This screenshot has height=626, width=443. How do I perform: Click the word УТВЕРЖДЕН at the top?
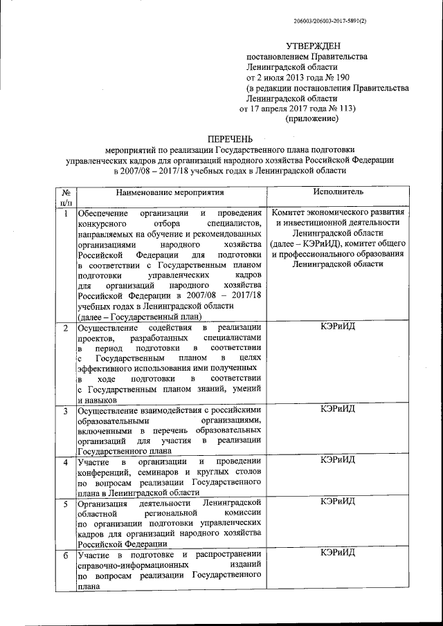point(313,45)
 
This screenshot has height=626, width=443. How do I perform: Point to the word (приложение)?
point(312,119)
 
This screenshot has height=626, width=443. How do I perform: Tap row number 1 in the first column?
point(66,213)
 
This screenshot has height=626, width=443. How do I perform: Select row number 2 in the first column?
point(66,327)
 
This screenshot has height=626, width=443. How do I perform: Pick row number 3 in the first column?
point(66,412)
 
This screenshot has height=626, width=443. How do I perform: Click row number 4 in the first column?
point(66,461)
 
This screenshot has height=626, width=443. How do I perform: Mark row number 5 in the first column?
point(66,501)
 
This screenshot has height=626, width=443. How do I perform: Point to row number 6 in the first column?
point(66,555)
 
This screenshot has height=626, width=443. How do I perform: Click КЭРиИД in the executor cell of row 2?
point(338,326)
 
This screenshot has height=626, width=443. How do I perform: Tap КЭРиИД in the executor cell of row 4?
point(338,461)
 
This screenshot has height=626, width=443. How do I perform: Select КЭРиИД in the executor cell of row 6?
point(338,553)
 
